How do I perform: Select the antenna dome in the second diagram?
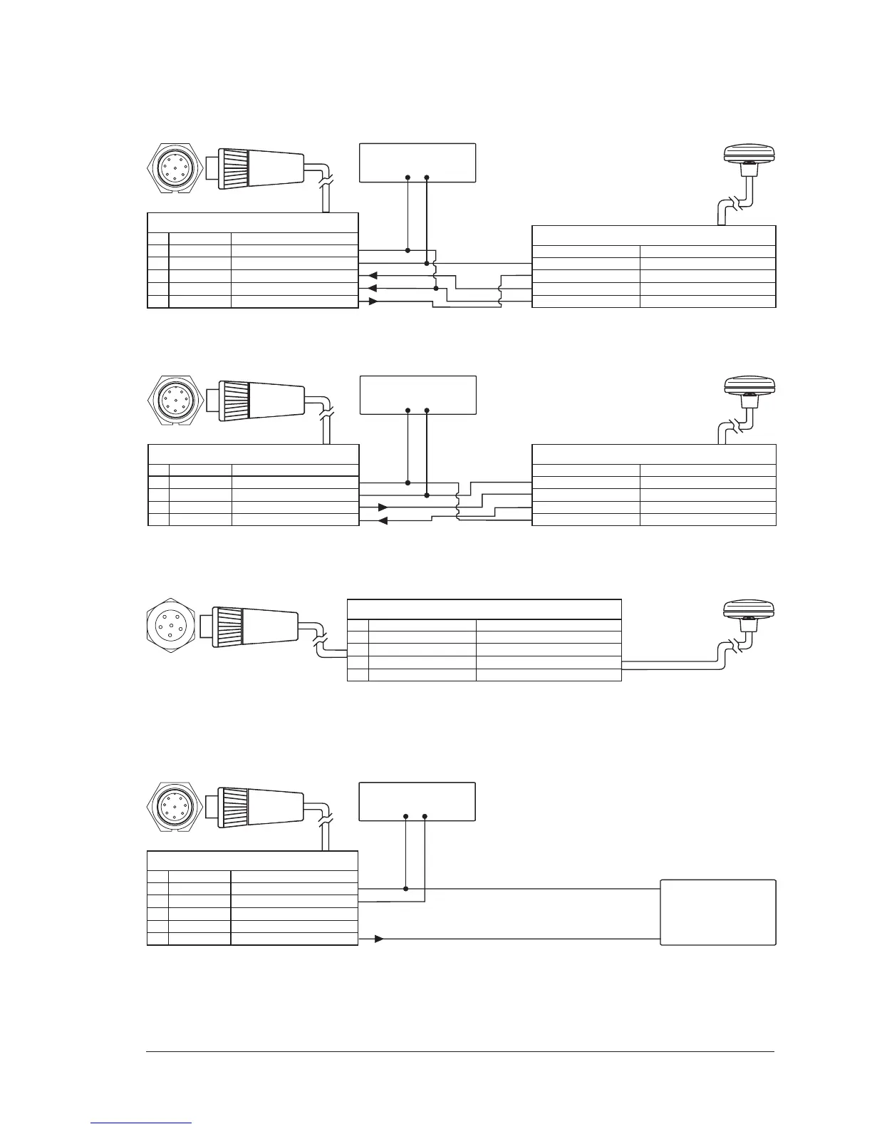click(x=748, y=386)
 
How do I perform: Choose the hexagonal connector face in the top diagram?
click(x=171, y=168)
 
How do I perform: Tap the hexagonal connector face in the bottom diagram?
click(x=171, y=807)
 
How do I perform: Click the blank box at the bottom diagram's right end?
click(x=717, y=912)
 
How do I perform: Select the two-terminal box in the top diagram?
click(x=417, y=163)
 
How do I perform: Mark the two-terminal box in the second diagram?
click(x=417, y=394)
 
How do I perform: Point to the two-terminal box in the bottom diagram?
click(x=417, y=802)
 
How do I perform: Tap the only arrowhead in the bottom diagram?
click(x=380, y=939)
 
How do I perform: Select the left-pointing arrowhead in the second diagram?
click(x=382, y=521)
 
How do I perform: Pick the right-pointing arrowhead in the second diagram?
click(x=383, y=507)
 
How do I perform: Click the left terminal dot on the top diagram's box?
click(x=408, y=177)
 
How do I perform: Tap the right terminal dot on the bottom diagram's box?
click(x=425, y=815)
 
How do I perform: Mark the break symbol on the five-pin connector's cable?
click(x=320, y=636)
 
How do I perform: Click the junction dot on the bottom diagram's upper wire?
click(x=405, y=889)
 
